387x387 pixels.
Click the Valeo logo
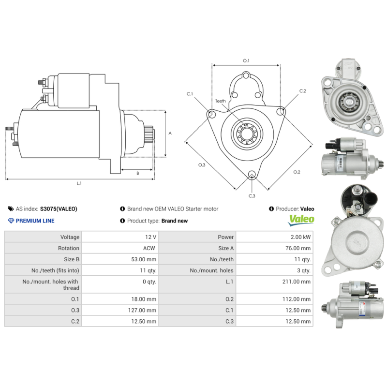pyautogui.click(x=301, y=220)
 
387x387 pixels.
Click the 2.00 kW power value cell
pyautogui.click(x=300, y=237)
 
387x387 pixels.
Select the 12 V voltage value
pyautogui.click(x=150, y=237)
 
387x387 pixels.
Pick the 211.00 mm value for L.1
pyautogui.click(x=298, y=281)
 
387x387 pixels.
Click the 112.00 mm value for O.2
pyautogui.click(x=298, y=299)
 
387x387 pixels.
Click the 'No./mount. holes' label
pyautogui.click(x=211, y=270)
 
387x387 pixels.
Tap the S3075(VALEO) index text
pyautogui.click(x=59, y=209)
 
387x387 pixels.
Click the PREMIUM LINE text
pyautogui.click(x=35, y=221)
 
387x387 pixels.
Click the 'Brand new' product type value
pyautogui.click(x=174, y=221)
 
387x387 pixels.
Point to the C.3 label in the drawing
pyautogui.click(x=252, y=196)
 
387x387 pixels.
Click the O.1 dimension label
pyautogui.click(x=246, y=60)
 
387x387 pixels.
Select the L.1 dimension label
pyautogui.click(x=79, y=183)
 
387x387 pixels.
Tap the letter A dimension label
pyautogui.click(x=169, y=133)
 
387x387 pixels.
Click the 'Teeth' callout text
pyautogui.click(x=221, y=101)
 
